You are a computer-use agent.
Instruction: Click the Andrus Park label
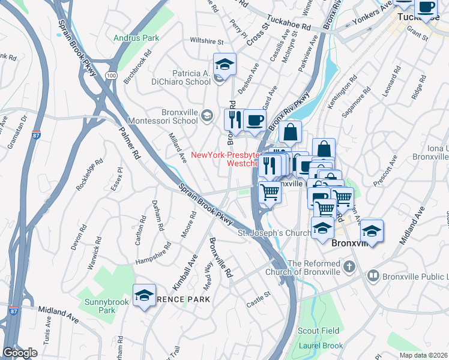point(137,38)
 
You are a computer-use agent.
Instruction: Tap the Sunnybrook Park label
point(99,306)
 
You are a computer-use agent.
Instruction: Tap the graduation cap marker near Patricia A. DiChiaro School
point(225,64)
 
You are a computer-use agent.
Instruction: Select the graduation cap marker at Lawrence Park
point(144,295)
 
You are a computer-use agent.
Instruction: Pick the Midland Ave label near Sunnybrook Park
point(58,313)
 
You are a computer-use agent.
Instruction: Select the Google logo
point(20,353)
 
